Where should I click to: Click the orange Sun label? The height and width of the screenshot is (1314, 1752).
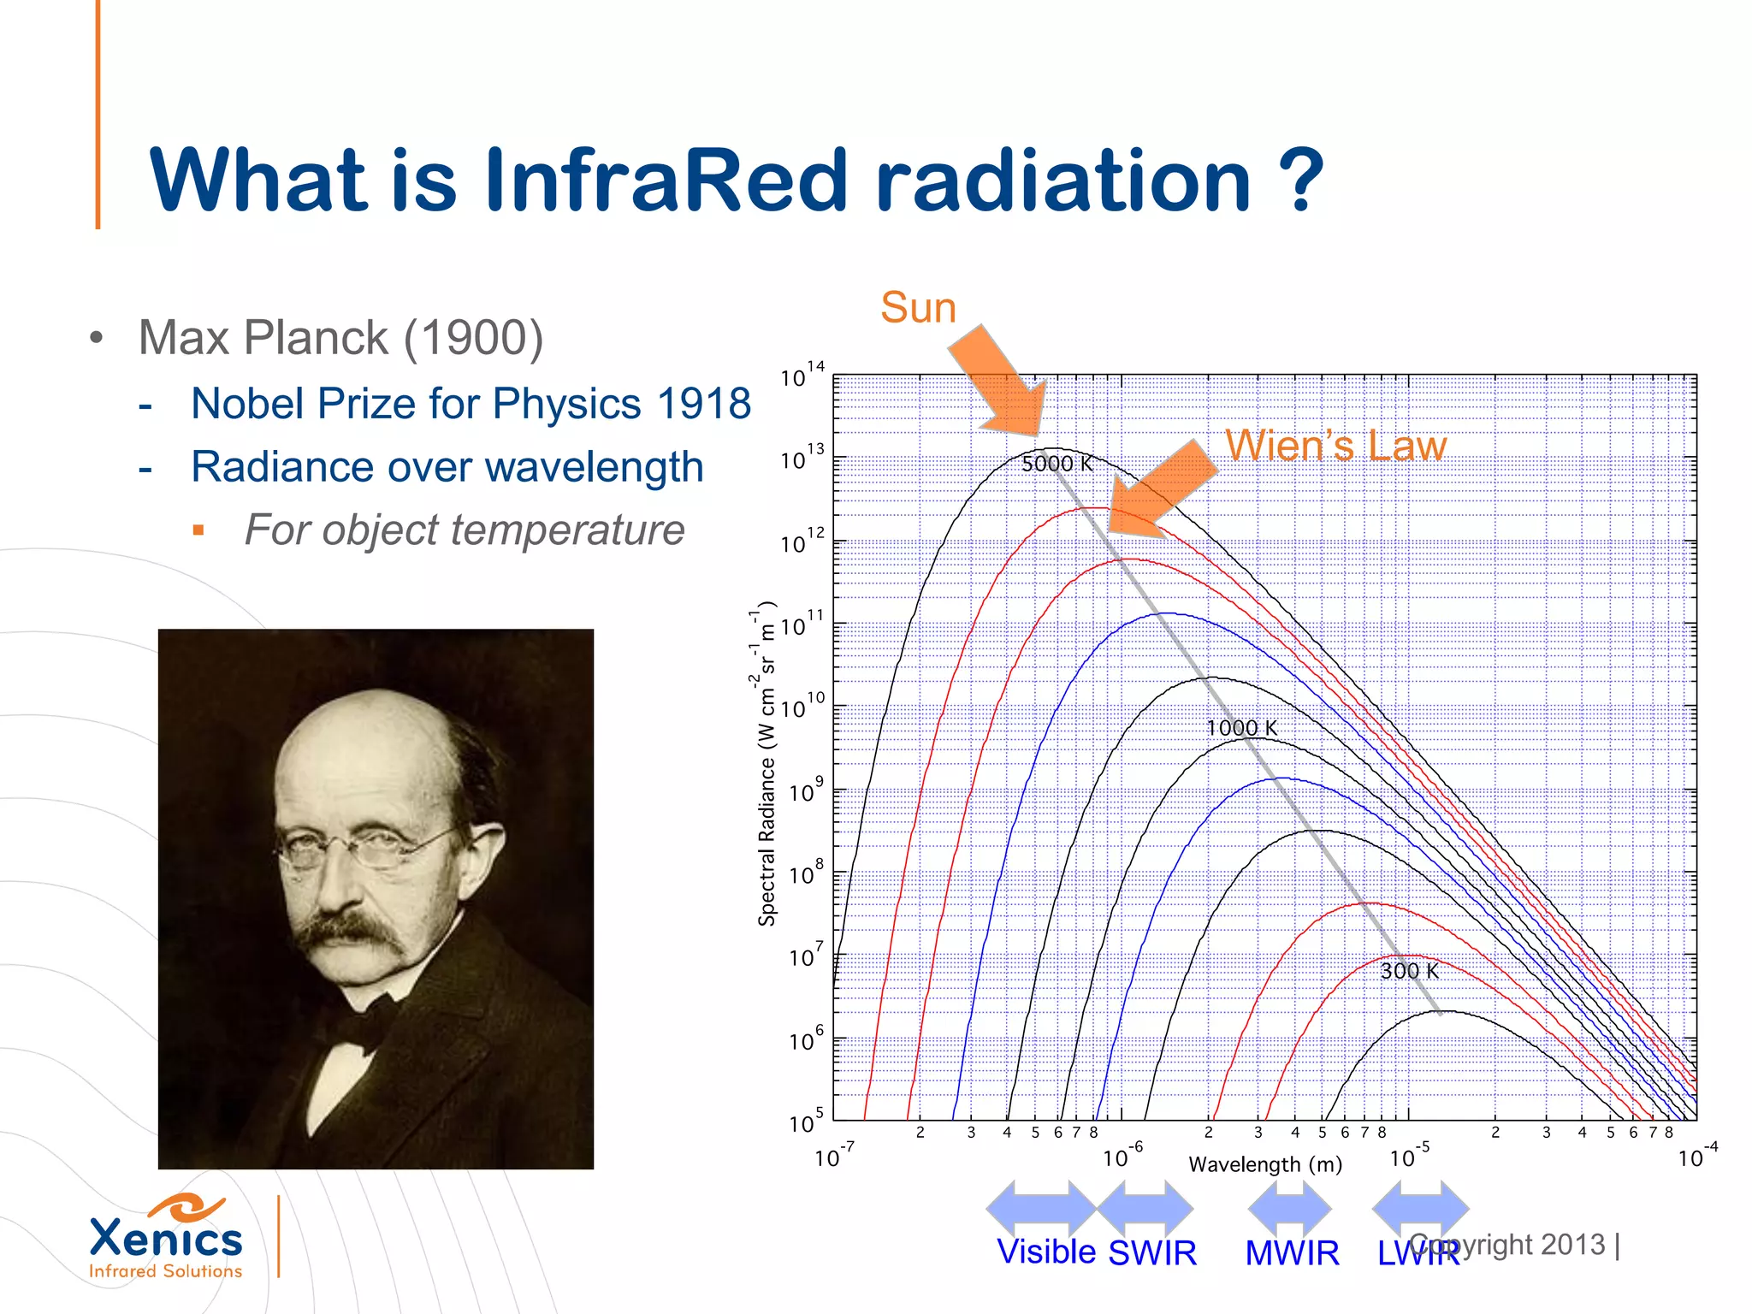pos(918,307)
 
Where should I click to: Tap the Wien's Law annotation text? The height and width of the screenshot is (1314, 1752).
pos(1335,445)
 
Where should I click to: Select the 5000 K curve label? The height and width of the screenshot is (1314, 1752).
pos(1057,464)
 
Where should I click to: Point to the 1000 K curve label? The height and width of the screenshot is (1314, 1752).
pos(1241,728)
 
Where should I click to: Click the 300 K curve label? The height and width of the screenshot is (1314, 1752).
pos(1409,971)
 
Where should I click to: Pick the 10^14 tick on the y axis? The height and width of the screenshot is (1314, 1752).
pos(802,376)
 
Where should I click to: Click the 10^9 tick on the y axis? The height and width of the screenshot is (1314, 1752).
pos(805,791)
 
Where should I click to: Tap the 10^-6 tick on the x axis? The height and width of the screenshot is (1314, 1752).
pos(1122,1157)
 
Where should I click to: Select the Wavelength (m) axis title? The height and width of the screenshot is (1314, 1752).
pos(1265,1164)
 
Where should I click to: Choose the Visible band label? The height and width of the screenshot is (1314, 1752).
pos(1046,1252)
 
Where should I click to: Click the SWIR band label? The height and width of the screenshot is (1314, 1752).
pos(1152,1252)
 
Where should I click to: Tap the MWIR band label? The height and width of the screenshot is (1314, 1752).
pos(1292,1253)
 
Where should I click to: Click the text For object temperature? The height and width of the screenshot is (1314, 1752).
pos(465,530)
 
